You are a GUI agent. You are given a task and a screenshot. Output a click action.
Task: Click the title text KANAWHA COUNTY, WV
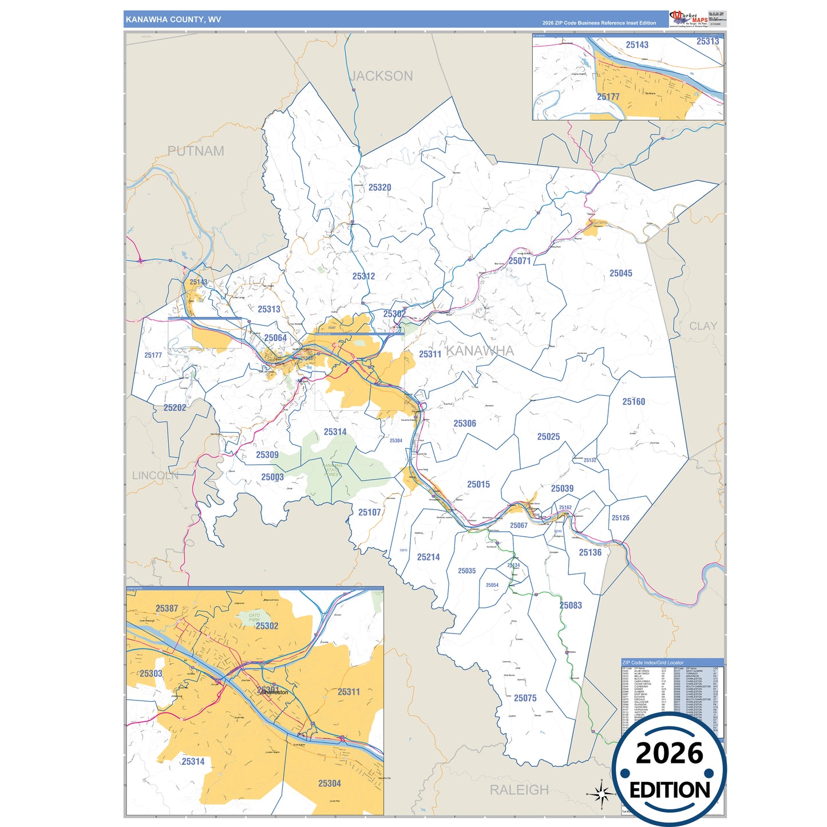coord(173,19)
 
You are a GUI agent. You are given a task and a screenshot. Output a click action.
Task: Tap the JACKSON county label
coord(381,76)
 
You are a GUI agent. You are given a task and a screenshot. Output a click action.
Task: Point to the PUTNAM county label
coord(196,151)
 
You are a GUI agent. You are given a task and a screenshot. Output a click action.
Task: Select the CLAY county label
coord(703,326)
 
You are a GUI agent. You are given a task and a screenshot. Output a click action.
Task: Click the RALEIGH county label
coord(519,790)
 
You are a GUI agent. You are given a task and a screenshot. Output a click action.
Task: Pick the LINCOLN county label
coord(155,476)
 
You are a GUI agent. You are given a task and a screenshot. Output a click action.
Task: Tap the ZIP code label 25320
coord(379,188)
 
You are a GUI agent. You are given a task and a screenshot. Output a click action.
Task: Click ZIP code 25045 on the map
coord(620,274)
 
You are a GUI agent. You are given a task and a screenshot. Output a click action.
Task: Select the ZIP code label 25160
coord(634,402)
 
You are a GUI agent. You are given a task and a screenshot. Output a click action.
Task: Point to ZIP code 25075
coord(525,698)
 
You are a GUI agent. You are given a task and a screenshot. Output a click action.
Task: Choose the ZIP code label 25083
coord(571,606)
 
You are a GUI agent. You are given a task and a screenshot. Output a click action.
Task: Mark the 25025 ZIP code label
coord(548,437)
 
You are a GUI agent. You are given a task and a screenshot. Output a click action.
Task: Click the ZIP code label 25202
coord(175,408)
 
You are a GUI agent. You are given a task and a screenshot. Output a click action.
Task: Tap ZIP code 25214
coord(428,557)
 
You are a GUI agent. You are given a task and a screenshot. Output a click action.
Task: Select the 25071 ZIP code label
coord(520,261)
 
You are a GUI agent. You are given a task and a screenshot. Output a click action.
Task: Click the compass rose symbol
coord(601,794)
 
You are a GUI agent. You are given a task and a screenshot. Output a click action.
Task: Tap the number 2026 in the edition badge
coord(669,753)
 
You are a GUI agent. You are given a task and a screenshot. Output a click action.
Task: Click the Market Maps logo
coord(688,19)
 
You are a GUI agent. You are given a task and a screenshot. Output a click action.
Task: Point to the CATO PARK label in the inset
coord(254,618)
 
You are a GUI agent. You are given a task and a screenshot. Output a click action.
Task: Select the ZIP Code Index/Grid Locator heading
coord(653,663)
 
